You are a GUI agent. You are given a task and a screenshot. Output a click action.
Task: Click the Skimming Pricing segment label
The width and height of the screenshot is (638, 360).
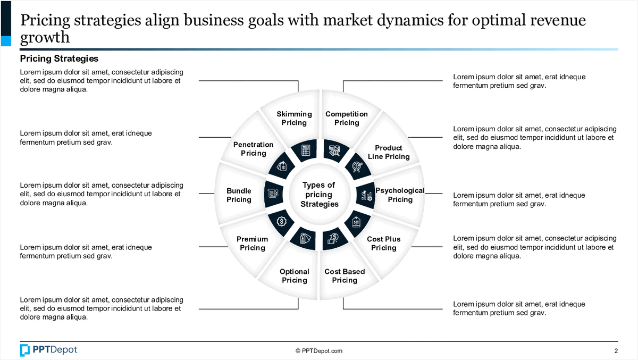click(294, 118)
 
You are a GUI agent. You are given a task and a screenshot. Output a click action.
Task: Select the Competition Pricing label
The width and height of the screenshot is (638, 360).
click(347, 118)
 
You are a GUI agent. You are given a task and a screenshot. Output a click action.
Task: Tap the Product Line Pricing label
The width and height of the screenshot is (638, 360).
click(389, 152)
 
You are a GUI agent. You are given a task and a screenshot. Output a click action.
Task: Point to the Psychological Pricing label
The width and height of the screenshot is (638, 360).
click(400, 195)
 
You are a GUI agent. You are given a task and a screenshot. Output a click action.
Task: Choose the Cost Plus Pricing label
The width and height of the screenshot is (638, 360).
click(384, 244)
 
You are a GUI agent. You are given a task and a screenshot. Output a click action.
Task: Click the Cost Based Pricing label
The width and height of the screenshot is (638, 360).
click(345, 276)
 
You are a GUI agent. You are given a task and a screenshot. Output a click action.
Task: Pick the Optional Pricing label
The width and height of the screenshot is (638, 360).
click(295, 276)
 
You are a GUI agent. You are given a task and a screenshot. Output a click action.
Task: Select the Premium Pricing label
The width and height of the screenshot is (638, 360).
click(253, 244)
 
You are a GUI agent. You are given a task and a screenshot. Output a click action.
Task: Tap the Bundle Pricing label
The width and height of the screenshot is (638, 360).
click(239, 195)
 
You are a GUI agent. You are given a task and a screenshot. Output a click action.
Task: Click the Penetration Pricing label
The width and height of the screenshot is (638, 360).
click(254, 149)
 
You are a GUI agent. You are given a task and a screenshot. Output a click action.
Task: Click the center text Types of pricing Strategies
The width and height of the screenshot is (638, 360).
click(319, 195)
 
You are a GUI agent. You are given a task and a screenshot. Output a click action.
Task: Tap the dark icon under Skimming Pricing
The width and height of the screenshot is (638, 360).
click(305, 150)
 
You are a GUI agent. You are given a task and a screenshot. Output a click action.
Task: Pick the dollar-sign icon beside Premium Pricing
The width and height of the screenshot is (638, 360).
click(282, 220)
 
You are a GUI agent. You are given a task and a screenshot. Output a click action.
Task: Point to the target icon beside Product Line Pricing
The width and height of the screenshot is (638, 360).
click(356, 166)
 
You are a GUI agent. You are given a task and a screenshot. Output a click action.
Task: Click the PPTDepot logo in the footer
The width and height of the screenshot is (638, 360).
click(48, 350)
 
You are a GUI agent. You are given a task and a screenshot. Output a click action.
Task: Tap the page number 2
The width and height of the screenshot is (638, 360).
click(616, 351)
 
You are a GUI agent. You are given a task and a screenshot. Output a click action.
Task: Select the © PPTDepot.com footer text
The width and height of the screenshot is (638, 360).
click(319, 351)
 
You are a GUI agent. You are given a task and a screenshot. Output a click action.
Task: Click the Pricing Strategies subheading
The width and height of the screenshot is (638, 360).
click(59, 58)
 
